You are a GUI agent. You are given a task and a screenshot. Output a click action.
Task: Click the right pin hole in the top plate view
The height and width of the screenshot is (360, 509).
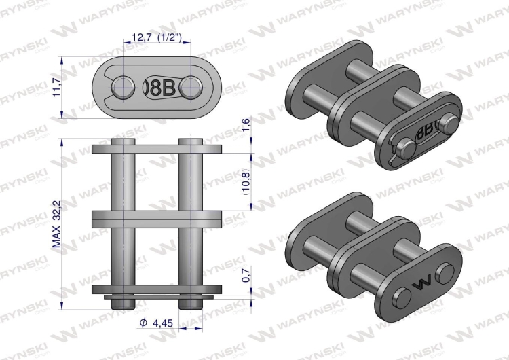[x=192, y=86]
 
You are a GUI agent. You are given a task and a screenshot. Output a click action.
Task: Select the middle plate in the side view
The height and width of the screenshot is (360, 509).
[x=157, y=220]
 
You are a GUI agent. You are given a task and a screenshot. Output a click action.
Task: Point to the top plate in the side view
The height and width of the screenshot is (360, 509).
[x=157, y=149]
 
